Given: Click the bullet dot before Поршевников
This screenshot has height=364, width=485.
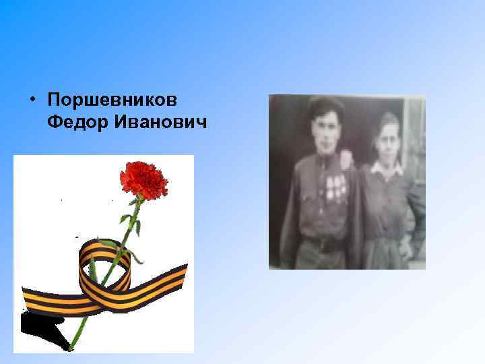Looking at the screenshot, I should (32, 100).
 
